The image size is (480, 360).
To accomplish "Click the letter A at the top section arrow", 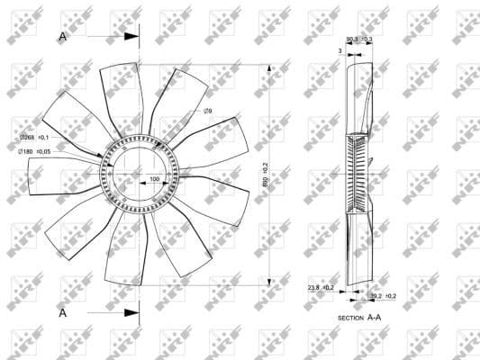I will pos(62,37).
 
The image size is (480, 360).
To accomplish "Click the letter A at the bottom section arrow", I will pos(62,312).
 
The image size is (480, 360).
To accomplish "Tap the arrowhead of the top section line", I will pos(134,37).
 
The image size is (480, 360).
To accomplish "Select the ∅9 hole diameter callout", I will pos(207,111).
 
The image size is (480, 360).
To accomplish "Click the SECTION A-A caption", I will pos(359,318).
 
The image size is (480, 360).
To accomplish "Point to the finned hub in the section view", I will pos(359,174).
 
